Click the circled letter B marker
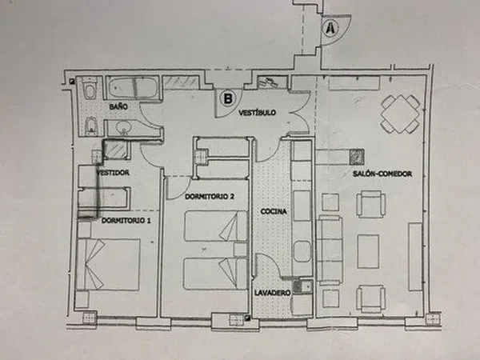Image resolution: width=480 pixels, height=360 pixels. [228, 98]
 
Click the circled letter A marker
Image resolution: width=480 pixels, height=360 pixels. [330, 29]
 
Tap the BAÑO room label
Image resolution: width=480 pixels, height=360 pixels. [118, 106]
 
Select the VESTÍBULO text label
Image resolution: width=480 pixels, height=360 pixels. [257, 113]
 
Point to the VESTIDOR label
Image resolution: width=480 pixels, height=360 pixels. [113, 173]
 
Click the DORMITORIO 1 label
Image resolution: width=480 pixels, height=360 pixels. [126, 221]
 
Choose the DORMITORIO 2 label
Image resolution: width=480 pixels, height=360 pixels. [210, 197]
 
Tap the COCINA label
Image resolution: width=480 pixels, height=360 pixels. [274, 211]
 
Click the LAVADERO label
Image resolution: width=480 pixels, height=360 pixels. [272, 293]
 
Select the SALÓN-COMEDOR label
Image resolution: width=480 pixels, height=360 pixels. [382, 174]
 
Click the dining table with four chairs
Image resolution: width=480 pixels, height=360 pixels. [400, 114]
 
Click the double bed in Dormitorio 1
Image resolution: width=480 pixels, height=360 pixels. [108, 264]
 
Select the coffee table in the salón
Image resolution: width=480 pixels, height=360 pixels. [368, 251]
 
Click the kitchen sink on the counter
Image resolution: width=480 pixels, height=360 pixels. [302, 252]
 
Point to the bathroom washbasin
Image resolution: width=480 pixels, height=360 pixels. [123, 127]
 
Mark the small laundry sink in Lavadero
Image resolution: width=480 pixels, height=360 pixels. [302, 286]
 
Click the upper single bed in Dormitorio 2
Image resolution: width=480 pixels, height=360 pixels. [215, 226]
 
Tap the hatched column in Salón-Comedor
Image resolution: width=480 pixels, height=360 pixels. [357, 157]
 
